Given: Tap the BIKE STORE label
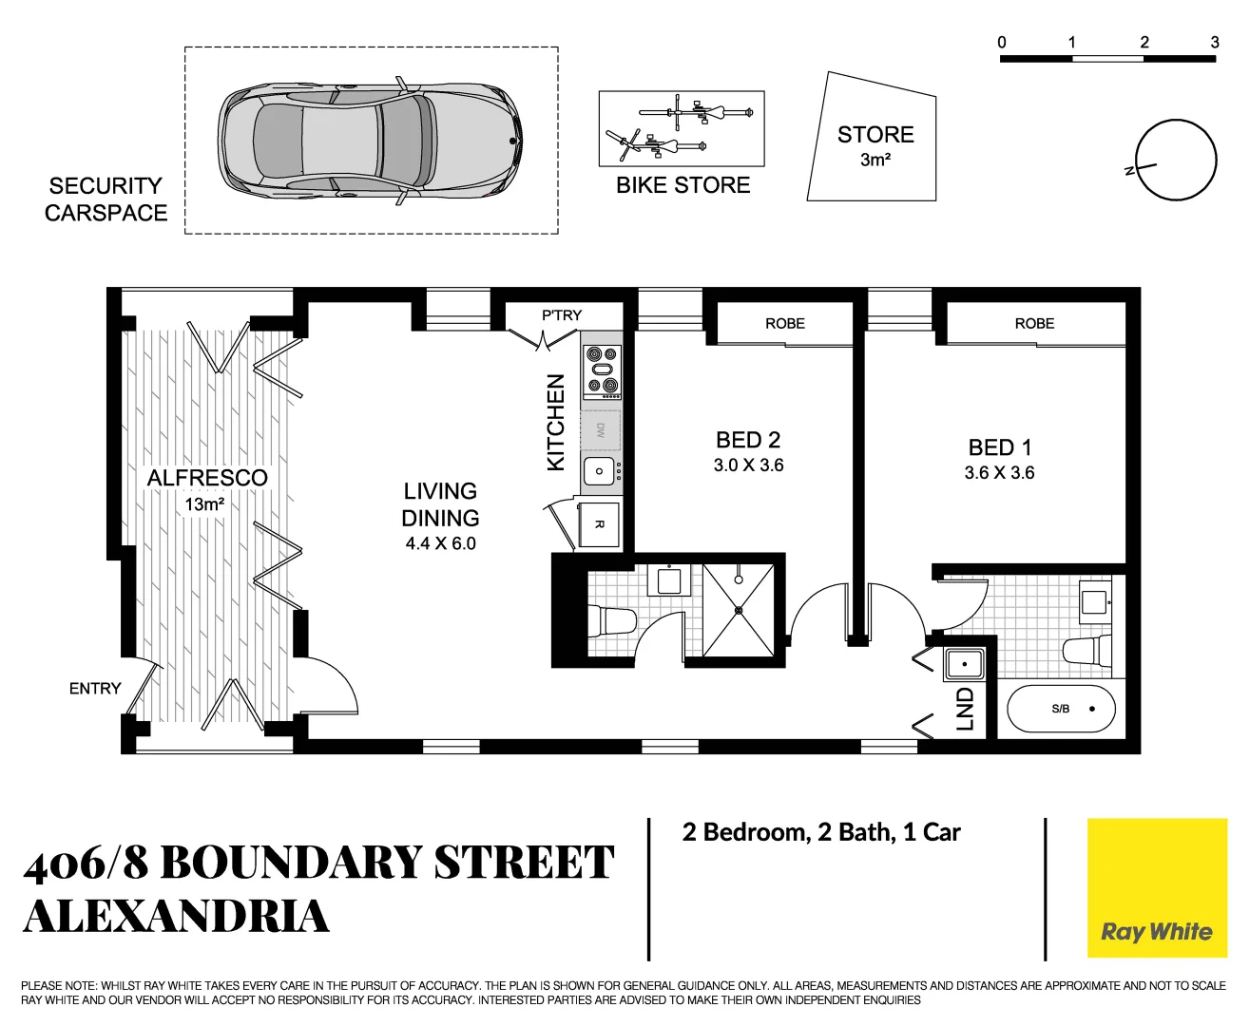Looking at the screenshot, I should pos(683,185).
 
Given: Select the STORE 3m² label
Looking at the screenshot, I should pos(875,145).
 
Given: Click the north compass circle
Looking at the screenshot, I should pos(1176,161).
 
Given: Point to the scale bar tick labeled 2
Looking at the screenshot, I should pos(1144,43).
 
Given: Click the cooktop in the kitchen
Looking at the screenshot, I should pos(601,370).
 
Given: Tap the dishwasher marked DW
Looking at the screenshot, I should pos(601,430).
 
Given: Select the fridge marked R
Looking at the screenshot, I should pos(599,523).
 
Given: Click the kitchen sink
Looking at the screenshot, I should pos(599,471).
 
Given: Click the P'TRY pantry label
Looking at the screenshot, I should pos(561,315).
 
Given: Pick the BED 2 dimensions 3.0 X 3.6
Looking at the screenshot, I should pos(748,465).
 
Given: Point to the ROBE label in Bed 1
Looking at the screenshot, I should pos(1034,324).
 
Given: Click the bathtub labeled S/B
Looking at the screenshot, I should pos(1060,709).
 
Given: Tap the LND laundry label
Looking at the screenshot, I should pos(965,709).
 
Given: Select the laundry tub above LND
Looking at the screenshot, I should pos(964,663).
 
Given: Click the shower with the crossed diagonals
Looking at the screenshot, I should pos(739,610).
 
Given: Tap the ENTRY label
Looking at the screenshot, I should pos(95,689).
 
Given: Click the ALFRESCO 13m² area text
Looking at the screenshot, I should pos(206,489).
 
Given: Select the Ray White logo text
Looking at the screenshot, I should pos(1156,932).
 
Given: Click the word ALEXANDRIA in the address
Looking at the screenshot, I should pos(177,917).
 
